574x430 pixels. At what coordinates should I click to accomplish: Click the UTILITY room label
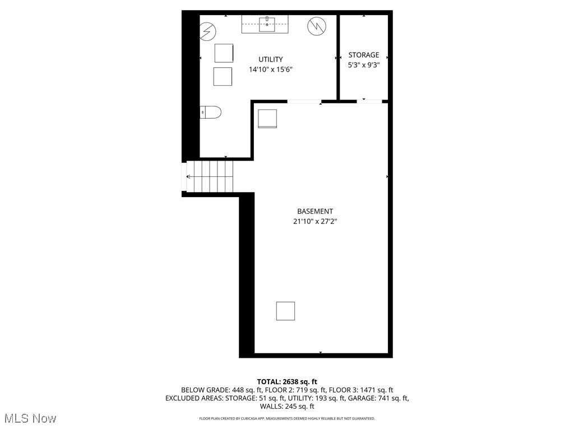[270, 59]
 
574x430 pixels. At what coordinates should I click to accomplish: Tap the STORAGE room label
[364, 55]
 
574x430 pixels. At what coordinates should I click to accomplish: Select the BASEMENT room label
[315, 211]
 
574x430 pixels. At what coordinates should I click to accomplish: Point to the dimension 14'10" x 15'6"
[271, 70]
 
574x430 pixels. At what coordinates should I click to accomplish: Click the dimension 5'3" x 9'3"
[364, 65]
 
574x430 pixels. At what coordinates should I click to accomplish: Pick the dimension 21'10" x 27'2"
[315, 221]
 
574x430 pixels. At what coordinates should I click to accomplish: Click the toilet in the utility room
[211, 112]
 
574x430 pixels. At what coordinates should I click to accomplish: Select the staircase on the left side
[210, 176]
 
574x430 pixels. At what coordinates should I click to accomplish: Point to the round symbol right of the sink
[316, 26]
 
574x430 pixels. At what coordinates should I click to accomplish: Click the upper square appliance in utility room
[224, 53]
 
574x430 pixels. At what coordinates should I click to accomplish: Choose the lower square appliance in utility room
[223, 76]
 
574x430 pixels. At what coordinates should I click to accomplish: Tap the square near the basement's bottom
[285, 311]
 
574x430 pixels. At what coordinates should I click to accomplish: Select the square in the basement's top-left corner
[267, 119]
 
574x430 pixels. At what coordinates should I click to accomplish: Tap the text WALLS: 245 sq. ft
[287, 406]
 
